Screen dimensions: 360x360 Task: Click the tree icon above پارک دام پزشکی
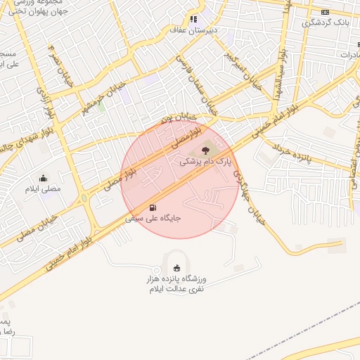point(205,150)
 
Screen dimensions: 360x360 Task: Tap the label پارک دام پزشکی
point(205,162)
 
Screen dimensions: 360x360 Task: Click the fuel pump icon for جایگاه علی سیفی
point(153,207)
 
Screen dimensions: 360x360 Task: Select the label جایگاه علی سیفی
point(153,219)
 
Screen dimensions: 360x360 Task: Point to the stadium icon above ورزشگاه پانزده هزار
point(176,267)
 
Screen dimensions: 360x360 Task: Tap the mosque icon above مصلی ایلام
point(44,179)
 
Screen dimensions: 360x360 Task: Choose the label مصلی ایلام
point(44,189)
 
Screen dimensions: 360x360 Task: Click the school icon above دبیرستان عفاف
point(193,20)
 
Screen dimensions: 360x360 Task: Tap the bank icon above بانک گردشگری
point(325,12)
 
